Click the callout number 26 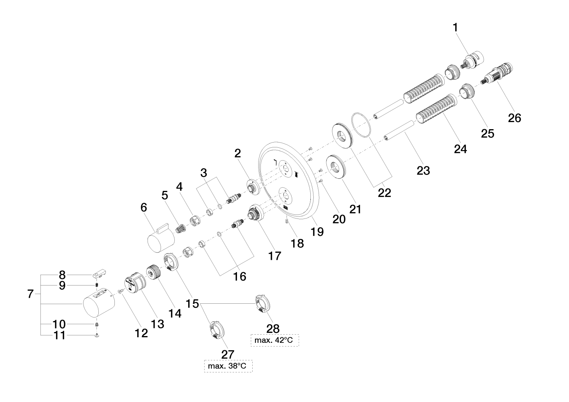[515, 118]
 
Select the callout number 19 [317, 232]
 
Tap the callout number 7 [31, 294]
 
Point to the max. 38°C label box [228, 366]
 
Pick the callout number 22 [385, 192]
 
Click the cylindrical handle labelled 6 [161, 239]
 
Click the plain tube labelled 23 [399, 130]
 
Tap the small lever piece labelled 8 [99, 275]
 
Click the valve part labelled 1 [472, 61]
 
